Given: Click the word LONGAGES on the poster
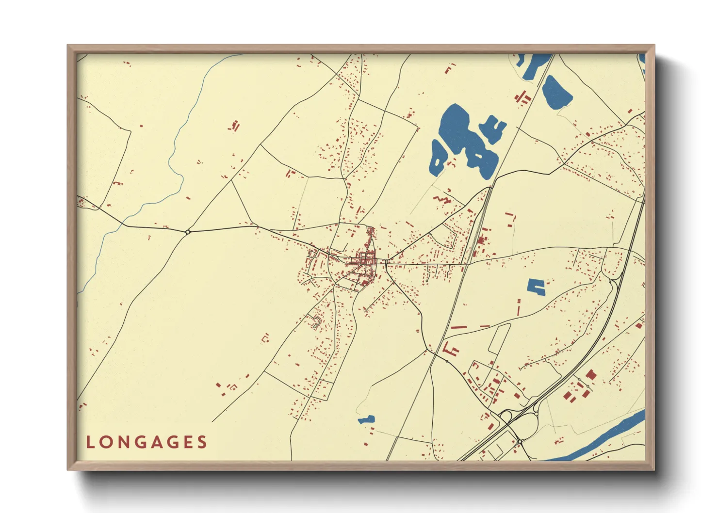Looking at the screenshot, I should click(x=147, y=442).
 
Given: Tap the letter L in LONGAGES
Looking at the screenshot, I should click(x=90, y=442).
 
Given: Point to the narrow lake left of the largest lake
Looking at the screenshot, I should click(x=437, y=158).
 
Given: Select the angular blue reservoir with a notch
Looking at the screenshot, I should click(x=536, y=287).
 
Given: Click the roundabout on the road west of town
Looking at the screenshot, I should click(x=188, y=232).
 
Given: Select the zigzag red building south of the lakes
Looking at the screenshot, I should click(x=442, y=199).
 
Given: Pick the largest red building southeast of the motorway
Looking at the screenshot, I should click(x=590, y=374).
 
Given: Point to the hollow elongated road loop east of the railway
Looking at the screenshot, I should click(x=499, y=338).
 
